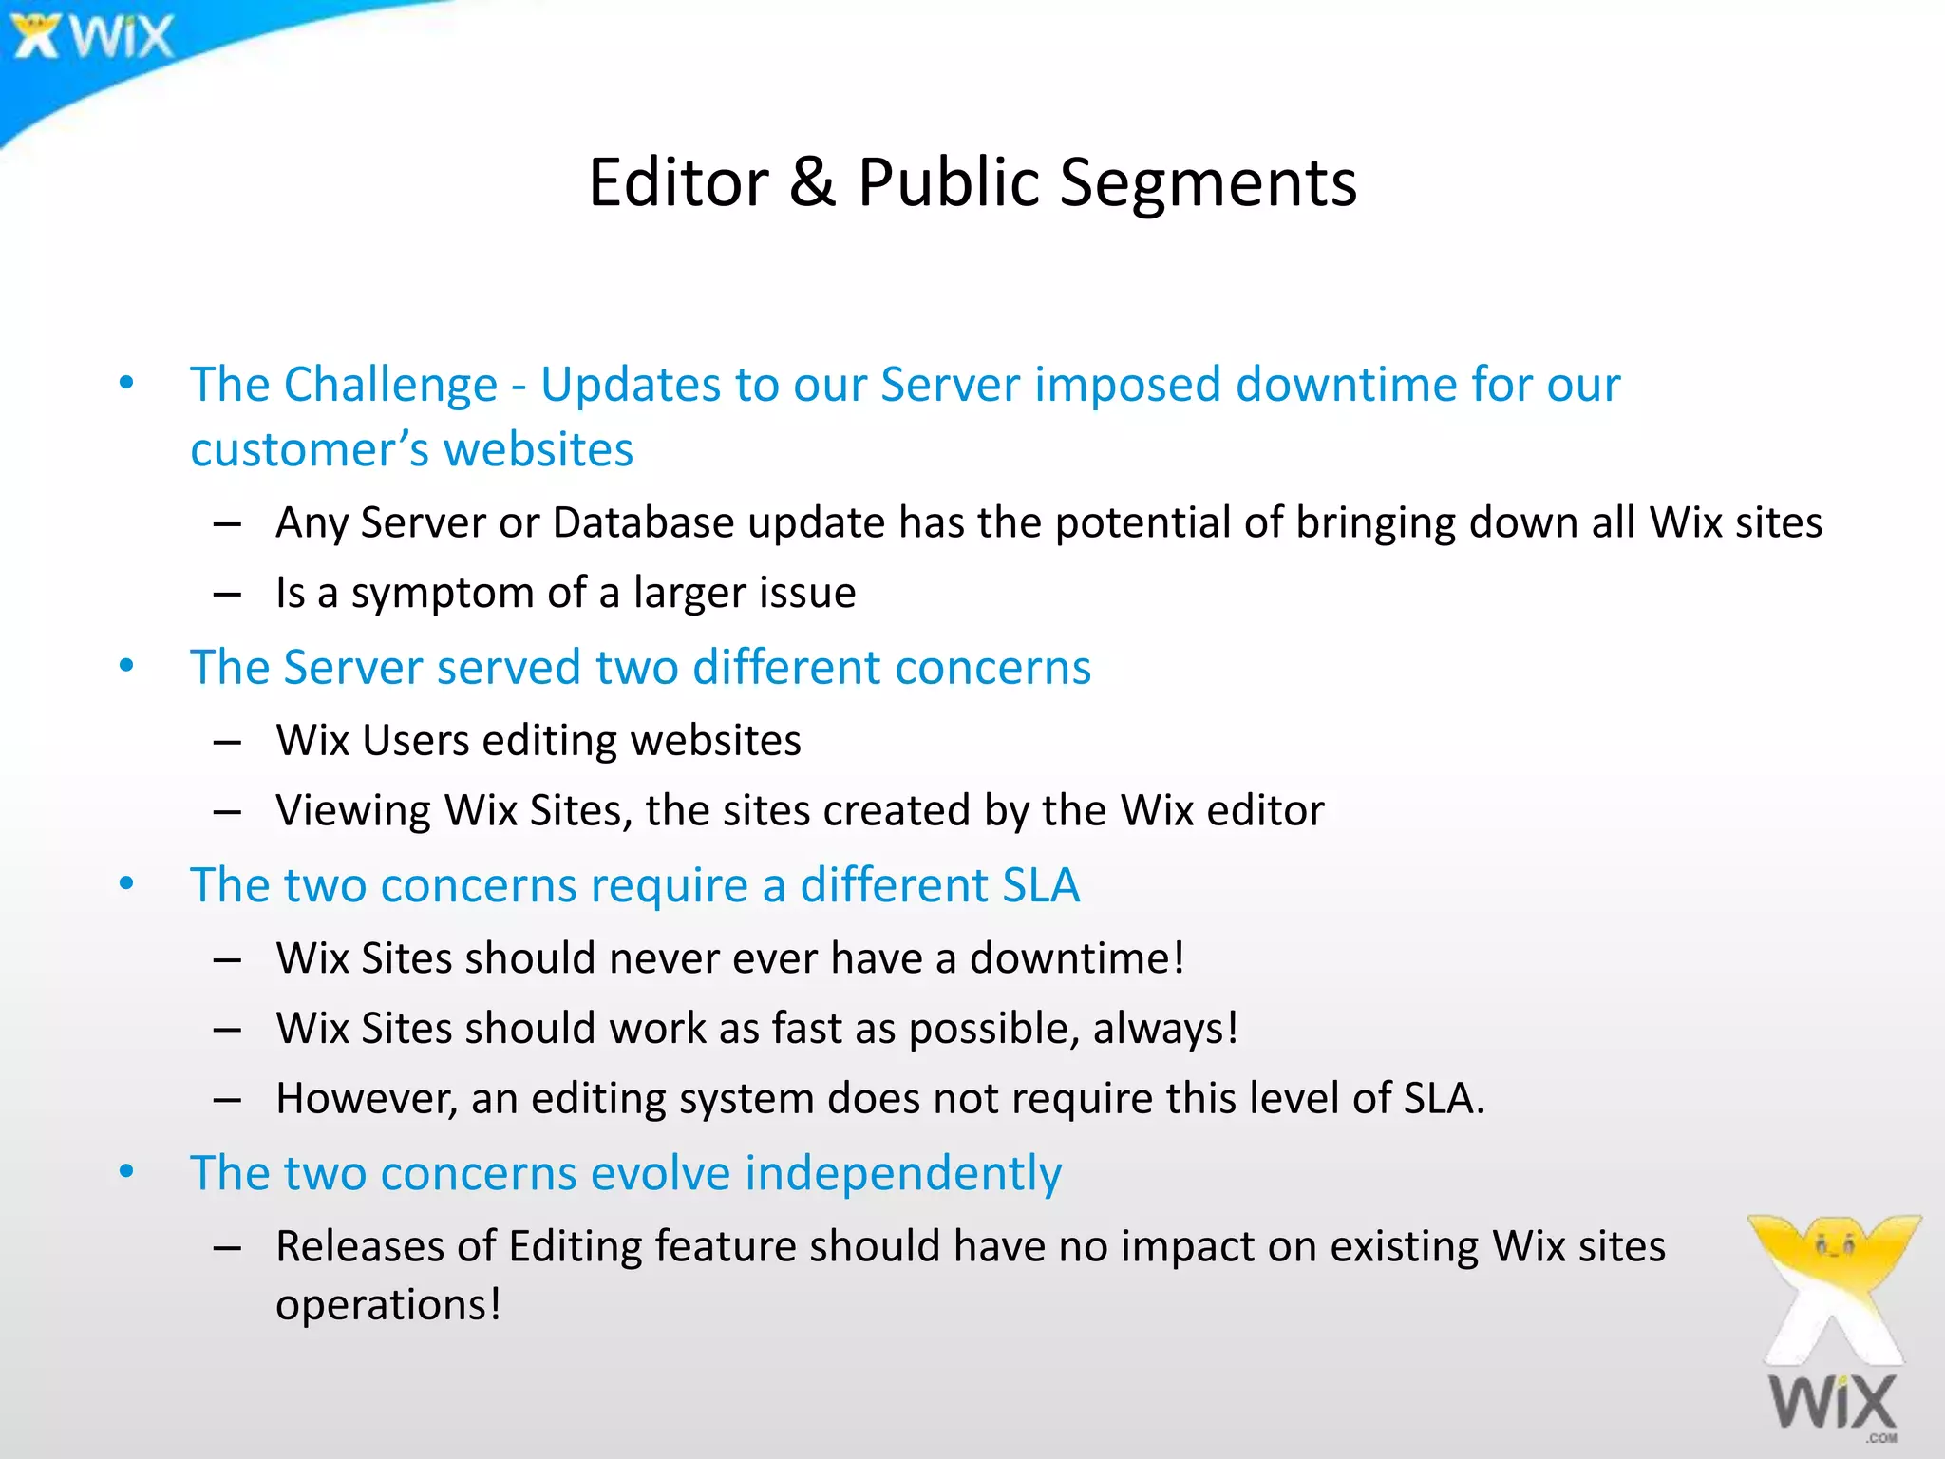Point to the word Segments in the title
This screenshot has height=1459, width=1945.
click(1208, 184)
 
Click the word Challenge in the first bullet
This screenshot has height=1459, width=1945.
click(390, 386)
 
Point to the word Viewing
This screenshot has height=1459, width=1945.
click(353, 812)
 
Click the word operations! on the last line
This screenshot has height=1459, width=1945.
click(387, 1305)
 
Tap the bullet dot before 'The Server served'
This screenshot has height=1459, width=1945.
click(126, 667)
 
